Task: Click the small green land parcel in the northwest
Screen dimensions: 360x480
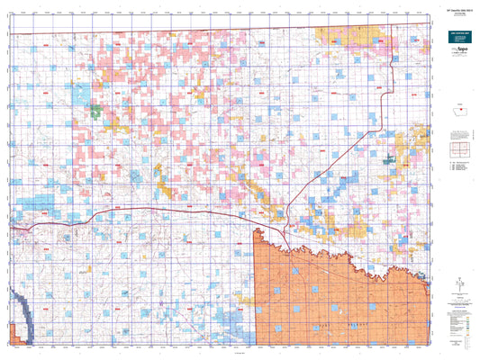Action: [95, 112]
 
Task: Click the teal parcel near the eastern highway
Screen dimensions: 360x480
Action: [389, 160]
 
